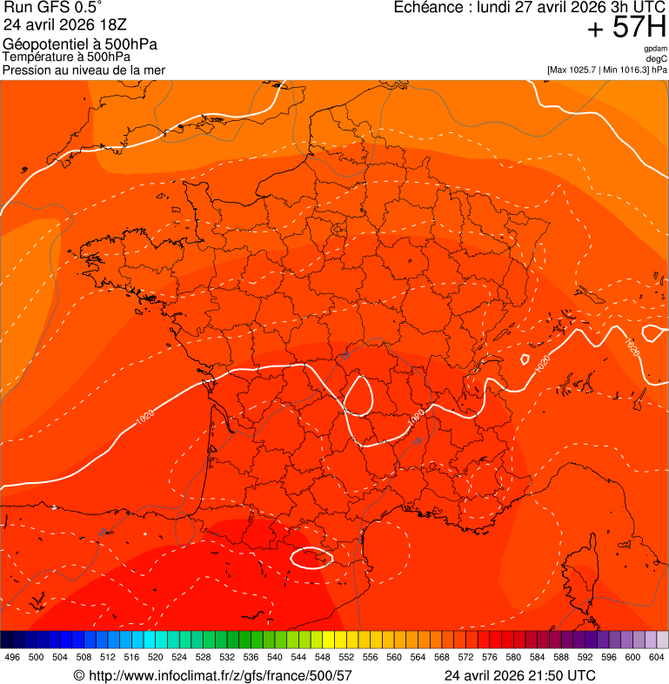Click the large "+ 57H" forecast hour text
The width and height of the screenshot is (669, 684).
point(626,28)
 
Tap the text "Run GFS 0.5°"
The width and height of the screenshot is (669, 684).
point(53,10)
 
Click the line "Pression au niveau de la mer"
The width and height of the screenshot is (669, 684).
point(84,70)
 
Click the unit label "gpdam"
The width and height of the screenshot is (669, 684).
point(655,49)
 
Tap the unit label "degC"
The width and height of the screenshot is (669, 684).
point(657,59)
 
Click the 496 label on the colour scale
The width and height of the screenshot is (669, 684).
point(12,657)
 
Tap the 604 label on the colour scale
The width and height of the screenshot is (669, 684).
point(656,657)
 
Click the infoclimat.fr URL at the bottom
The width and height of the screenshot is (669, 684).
point(213,675)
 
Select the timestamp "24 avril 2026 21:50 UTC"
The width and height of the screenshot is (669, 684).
point(520,675)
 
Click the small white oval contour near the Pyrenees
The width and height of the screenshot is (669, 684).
point(311,557)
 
